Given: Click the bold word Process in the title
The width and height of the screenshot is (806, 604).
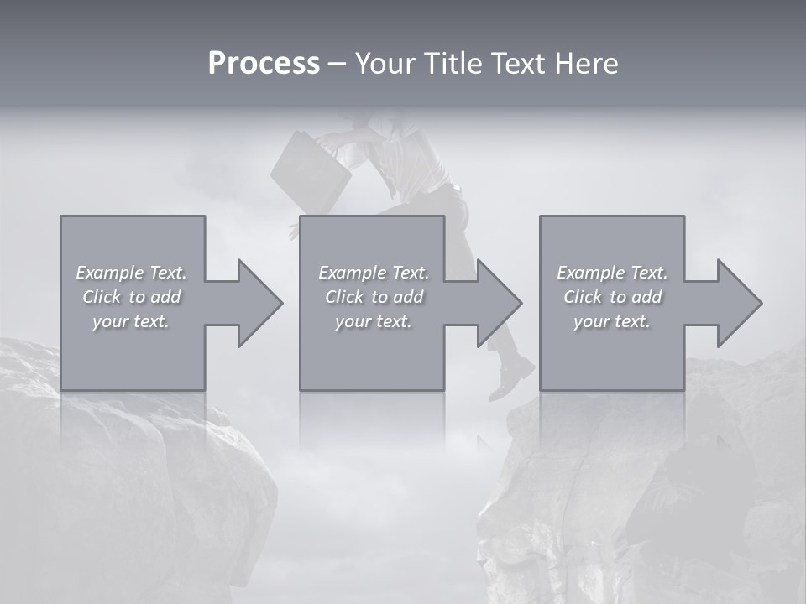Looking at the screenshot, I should coord(264,64).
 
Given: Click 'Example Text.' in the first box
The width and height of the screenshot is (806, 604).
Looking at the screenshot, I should coord(132,273).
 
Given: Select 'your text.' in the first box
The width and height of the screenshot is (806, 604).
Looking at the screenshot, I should coord(132,321).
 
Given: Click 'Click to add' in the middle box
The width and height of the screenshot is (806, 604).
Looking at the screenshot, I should coord(374,297).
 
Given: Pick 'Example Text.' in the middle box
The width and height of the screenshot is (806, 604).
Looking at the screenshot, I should coord(374,273).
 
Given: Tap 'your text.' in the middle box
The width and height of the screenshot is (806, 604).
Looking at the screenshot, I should coord(374,321).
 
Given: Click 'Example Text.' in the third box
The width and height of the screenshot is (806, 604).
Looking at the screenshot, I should coord(612,273).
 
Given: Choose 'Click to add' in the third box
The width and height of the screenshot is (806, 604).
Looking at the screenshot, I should coord(612,297).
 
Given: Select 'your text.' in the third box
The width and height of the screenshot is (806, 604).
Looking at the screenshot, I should coord(612,321).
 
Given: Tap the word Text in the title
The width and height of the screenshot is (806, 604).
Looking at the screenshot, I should coord(518,64).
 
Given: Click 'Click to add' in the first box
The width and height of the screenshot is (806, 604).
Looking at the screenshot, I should coord(132,297).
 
